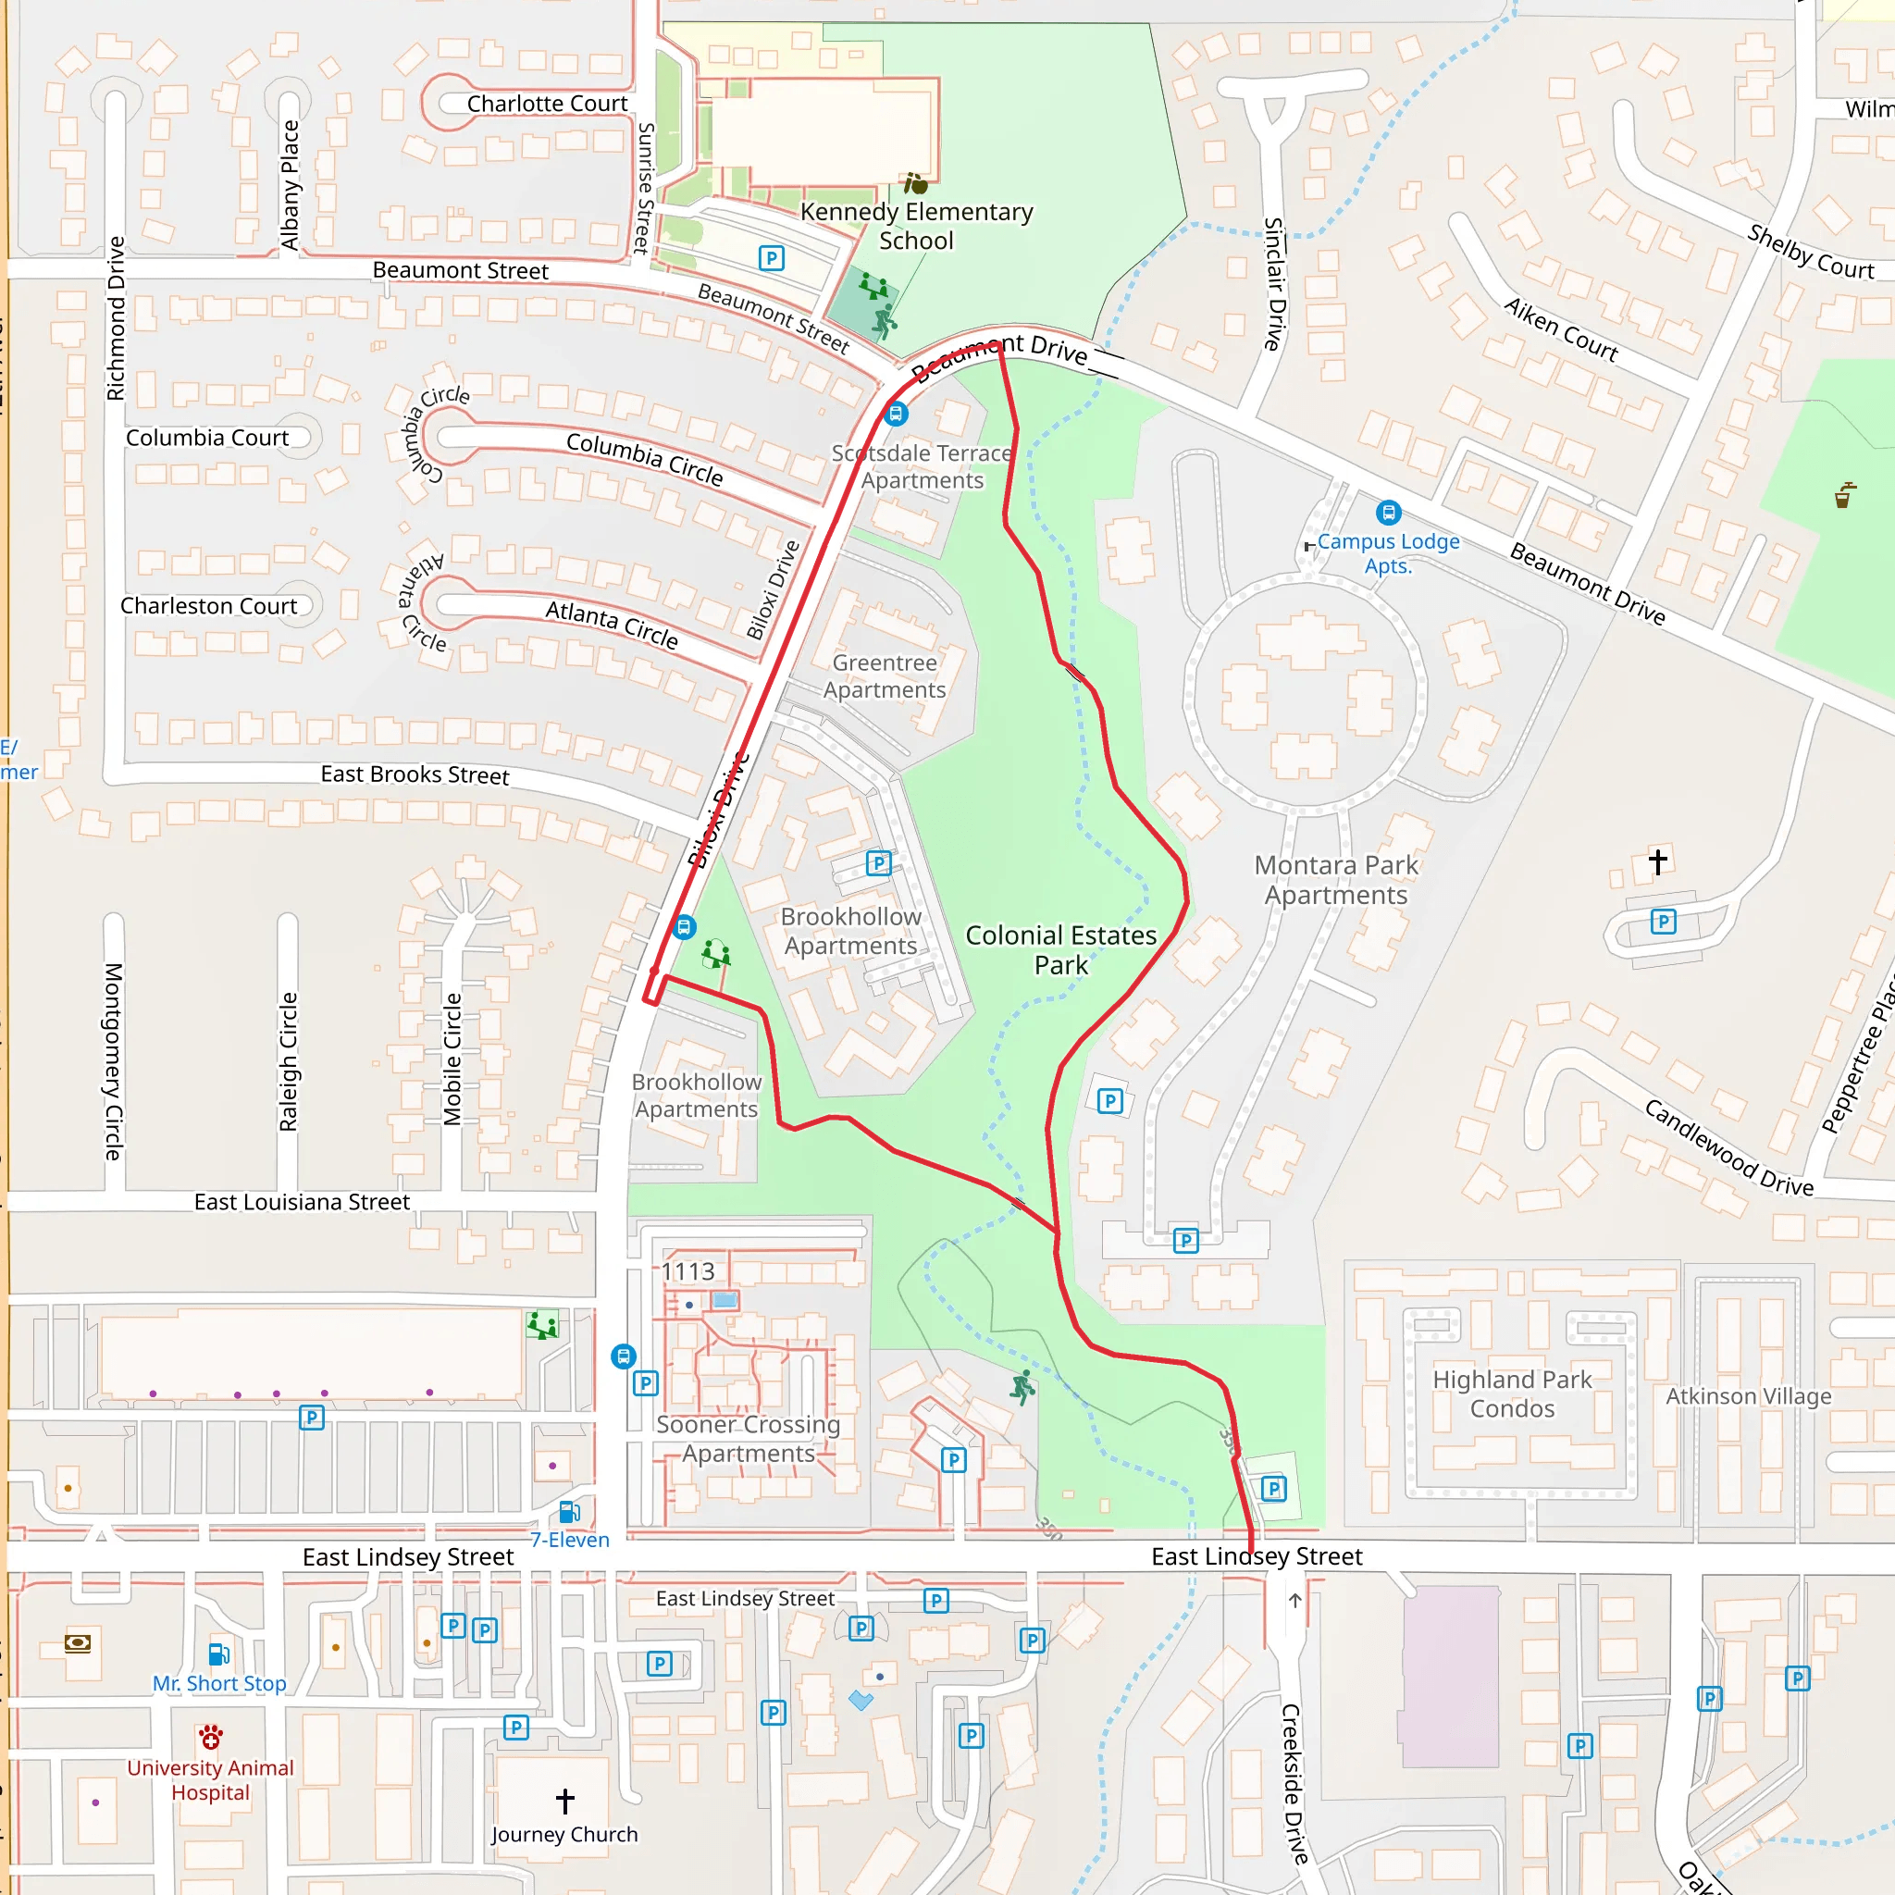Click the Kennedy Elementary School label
[916, 226]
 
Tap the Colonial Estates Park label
[1060, 949]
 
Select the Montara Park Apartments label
[1335, 880]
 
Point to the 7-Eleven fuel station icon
[569, 1512]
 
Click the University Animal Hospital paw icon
[210, 1737]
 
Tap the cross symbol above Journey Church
[565, 1800]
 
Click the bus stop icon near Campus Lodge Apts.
[1388, 513]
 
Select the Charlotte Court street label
[546, 104]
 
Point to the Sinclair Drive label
[1273, 284]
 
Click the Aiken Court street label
[1561, 330]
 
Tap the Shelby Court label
[1810, 252]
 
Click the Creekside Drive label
[1294, 1783]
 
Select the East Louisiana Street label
[301, 1203]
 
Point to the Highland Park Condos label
[1512, 1393]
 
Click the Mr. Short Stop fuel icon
[218, 1654]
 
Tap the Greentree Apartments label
[884, 676]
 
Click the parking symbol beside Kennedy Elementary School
[772, 258]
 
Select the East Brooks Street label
[415, 774]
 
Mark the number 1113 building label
[687, 1272]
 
